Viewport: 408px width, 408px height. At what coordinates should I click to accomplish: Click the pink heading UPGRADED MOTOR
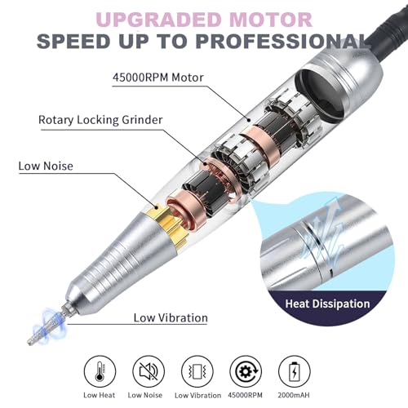click(204, 20)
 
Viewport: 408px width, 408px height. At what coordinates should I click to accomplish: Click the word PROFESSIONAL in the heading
click(283, 42)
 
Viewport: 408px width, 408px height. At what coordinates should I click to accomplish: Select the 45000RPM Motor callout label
click(158, 78)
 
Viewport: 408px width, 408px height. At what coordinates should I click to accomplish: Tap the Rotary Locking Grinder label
click(100, 120)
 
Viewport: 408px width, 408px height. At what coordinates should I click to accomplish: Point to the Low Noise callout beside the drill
click(46, 166)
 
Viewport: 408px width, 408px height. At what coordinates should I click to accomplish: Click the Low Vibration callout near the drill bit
click(171, 317)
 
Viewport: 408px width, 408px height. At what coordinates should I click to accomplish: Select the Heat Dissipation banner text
click(327, 304)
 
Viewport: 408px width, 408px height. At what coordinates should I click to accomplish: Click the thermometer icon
click(100, 371)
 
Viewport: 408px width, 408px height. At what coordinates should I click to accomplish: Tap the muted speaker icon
click(149, 371)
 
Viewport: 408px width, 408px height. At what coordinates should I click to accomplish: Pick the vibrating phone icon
click(197, 371)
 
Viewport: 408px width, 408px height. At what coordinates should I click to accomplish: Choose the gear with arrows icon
click(246, 371)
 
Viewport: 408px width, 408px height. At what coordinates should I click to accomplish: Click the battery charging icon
click(295, 371)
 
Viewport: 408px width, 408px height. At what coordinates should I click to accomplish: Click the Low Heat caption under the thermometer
click(100, 395)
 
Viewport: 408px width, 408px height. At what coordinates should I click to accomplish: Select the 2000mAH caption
click(294, 395)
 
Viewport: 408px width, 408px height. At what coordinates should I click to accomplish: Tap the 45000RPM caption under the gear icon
click(246, 395)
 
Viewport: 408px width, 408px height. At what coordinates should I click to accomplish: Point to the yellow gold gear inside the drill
click(166, 224)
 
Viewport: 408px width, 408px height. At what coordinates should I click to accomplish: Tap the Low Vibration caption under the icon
click(197, 395)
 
